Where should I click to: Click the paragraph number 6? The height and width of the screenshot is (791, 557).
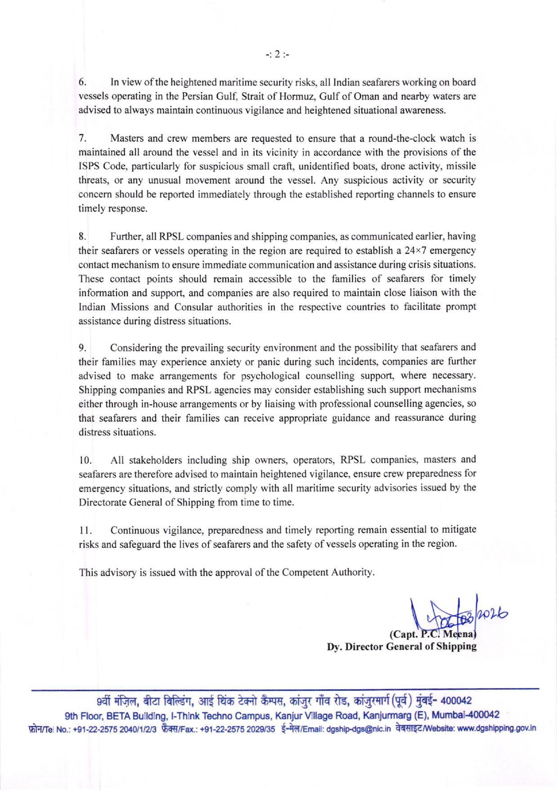(82, 82)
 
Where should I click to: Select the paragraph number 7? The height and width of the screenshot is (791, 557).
(82, 138)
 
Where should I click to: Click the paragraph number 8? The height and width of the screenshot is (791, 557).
(82, 237)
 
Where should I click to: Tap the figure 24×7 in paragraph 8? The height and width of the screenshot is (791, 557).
(415, 251)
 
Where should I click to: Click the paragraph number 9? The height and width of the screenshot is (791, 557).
(82, 348)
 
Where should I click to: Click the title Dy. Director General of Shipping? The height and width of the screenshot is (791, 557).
(401, 647)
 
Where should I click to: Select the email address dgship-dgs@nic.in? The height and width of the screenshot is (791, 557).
(358, 729)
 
